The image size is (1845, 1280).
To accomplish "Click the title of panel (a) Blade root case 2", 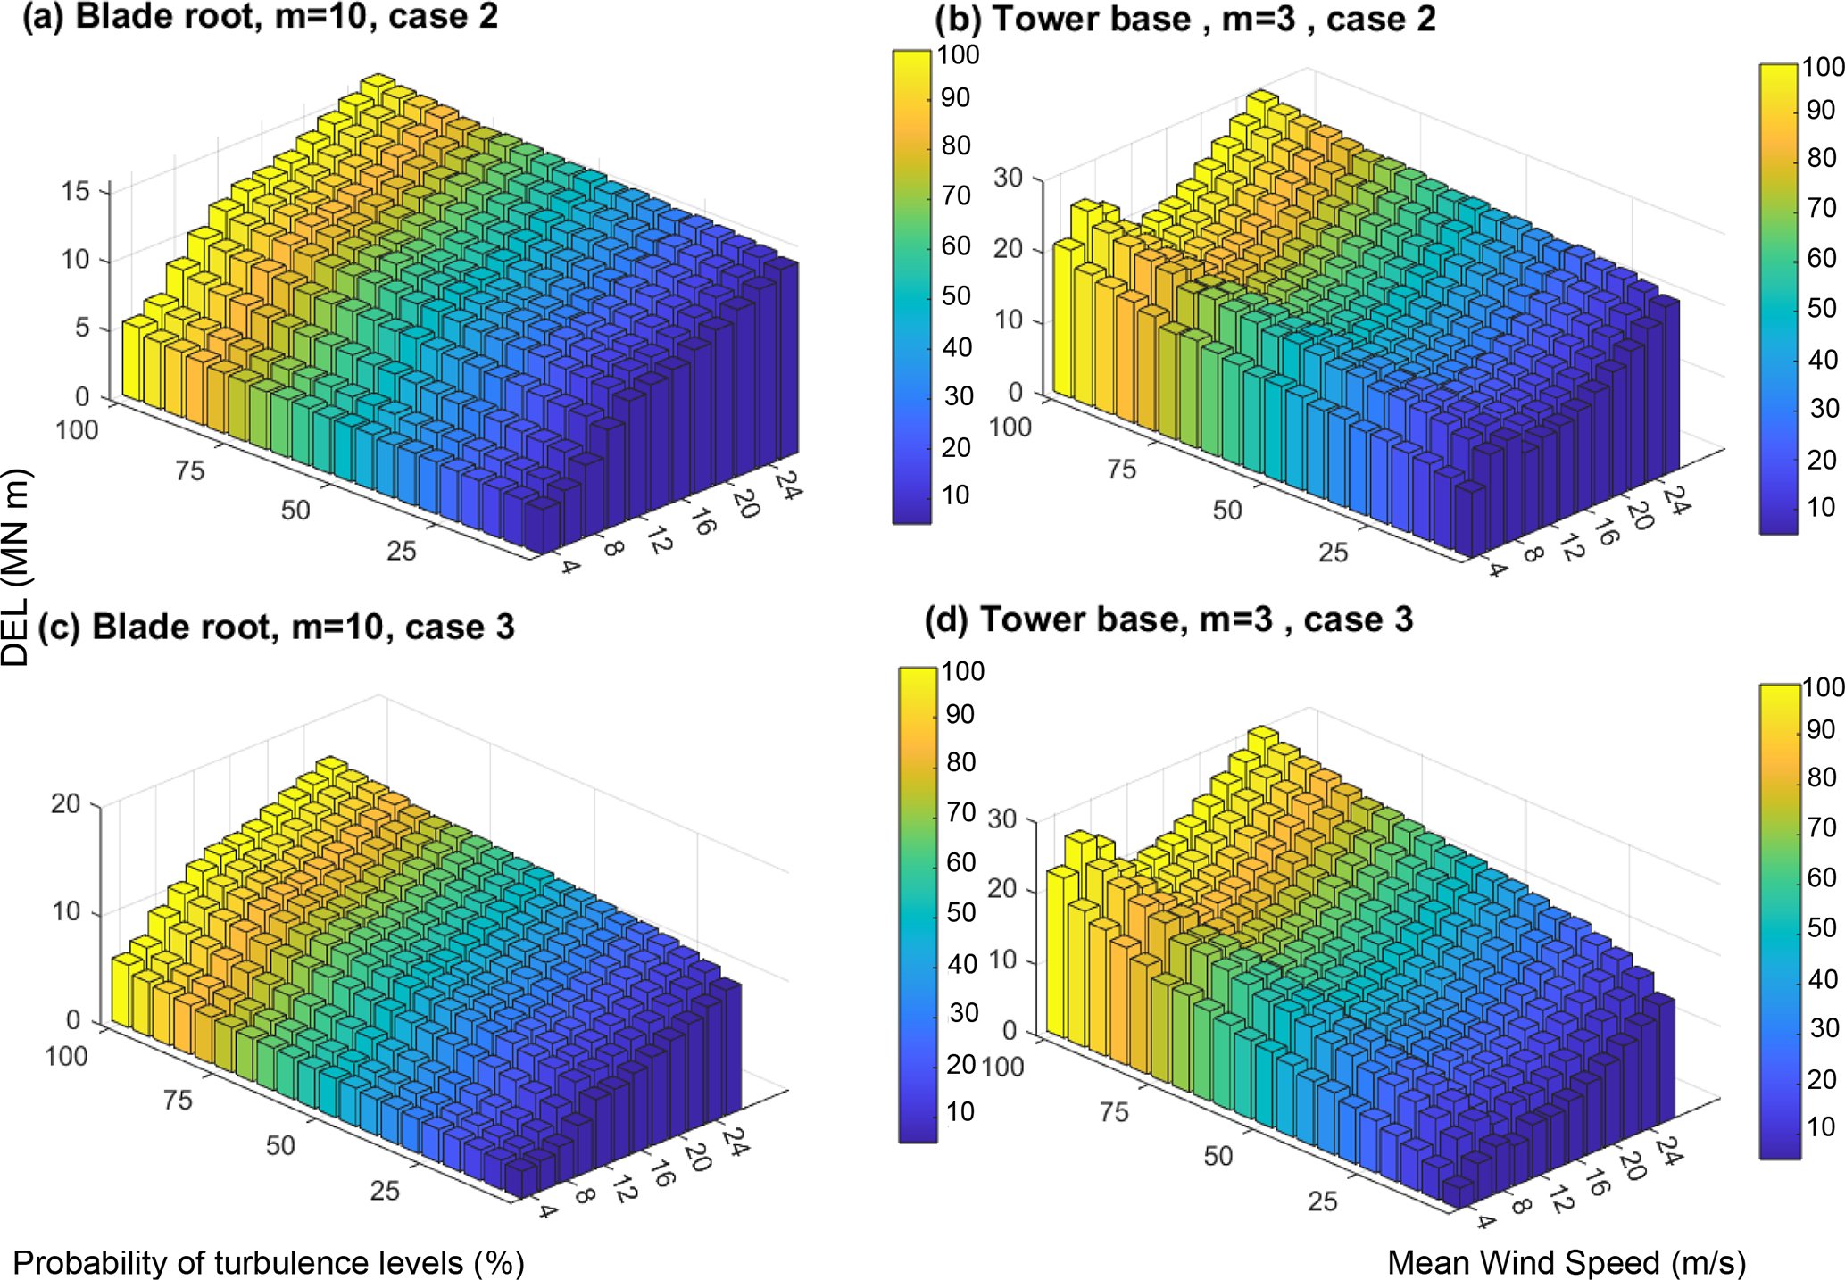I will click(260, 17).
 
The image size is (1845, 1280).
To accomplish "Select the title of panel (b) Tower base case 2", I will click(1184, 19).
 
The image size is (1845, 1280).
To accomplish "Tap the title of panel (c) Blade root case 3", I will click(276, 627).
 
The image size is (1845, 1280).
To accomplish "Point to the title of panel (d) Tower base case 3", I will click(1168, 619).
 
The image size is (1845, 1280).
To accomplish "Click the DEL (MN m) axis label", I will click(16, 568).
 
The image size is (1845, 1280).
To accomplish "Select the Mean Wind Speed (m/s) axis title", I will click(1567, 1262).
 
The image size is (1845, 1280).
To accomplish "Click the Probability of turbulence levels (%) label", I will click(269, 1263).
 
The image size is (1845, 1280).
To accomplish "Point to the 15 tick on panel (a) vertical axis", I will click(76, 191).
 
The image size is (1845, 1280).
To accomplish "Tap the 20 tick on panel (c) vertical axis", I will click(65, 803).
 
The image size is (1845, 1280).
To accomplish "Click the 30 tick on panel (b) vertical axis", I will click(1008, 178).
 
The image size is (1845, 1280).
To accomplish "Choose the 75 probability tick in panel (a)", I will click(189, 470).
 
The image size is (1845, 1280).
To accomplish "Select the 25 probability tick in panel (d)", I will click(1322, 1201).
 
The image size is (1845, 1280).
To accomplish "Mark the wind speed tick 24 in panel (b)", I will click(1676, 503).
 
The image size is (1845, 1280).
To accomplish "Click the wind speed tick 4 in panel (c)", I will click(546, 1210).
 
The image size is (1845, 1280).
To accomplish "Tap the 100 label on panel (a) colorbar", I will click(958, 54).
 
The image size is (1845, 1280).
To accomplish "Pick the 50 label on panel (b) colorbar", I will click(1822, 309).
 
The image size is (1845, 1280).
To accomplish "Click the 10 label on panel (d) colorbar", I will click(1821, 1126).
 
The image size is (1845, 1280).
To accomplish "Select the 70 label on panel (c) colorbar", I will click(961, 812).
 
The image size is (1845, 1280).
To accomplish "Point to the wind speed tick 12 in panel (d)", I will click(1561, 1202).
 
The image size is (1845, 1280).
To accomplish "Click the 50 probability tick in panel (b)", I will click(1226, 511).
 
